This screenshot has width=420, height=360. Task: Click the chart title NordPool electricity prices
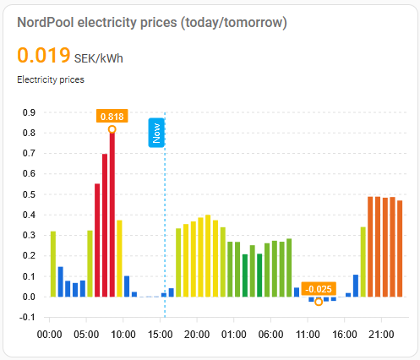click(x=152, y=23)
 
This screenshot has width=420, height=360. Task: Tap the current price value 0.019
click(x=44, y=56)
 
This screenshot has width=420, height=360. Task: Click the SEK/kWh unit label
click(x=98, y=59)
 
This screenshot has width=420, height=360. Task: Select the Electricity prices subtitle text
click(x=51, y=80)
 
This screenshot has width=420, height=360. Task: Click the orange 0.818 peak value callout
click(x=112, y=116)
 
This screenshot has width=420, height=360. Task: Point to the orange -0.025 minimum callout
click(x=319, y=288)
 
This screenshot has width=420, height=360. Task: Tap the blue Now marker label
click(x=155, y=132)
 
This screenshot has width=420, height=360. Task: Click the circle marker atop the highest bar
click(x=112, y=129)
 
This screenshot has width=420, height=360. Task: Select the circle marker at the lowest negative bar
click(x=319, y=302)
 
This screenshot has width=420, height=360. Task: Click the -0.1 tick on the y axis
click(x=27, y=317)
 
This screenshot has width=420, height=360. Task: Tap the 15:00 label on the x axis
click(x=161, y=335)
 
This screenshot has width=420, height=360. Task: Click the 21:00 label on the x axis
click(x=379, y=335)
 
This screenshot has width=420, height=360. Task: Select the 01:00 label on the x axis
click(x=234, y=335)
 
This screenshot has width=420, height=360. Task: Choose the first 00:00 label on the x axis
click(x=52, y=335)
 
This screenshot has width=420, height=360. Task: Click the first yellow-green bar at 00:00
click(x=52, y=264)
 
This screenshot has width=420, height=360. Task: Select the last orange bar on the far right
click(x=400, y=248)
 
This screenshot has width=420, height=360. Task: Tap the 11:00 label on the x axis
click(x=307, y=335)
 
